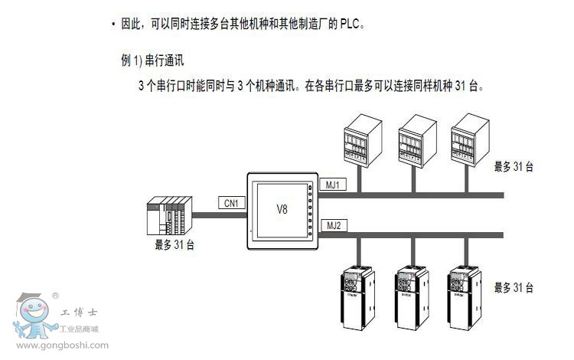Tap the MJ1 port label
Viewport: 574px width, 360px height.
click(332, 185)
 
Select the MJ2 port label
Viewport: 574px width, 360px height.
click(332, 224)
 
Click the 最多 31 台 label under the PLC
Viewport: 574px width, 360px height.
click(174, 245)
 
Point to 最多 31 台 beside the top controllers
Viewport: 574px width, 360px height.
click(514, 166)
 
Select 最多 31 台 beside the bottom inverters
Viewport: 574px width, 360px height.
click(514, 287)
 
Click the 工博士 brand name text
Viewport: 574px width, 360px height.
click(77, 313)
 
